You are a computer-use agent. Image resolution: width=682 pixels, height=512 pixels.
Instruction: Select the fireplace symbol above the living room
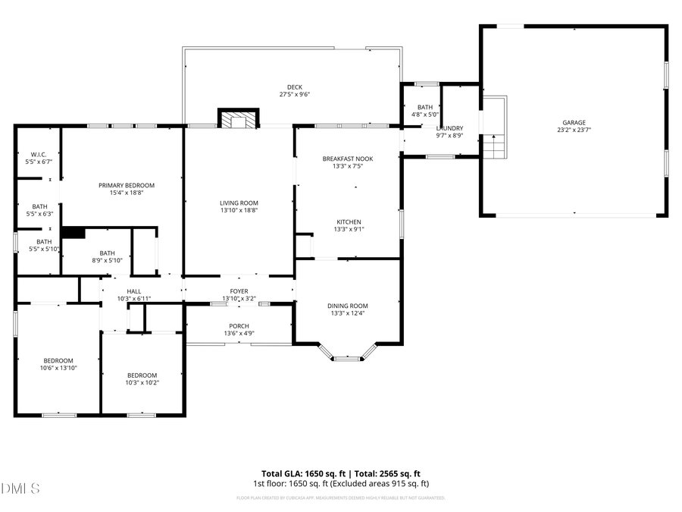239,118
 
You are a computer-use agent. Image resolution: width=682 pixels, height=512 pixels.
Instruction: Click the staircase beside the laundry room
493,144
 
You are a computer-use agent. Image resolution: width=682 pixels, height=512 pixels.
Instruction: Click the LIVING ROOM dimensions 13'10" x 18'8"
239,211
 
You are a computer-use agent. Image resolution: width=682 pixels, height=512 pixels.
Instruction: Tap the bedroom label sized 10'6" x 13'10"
58,363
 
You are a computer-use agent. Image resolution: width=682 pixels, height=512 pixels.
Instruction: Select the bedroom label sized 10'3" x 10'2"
142,379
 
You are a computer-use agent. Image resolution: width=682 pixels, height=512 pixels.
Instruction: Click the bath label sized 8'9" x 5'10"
107,257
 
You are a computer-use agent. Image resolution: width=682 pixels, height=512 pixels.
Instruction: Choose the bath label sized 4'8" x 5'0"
424,111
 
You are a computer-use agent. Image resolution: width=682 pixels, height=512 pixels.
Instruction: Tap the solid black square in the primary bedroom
73,233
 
